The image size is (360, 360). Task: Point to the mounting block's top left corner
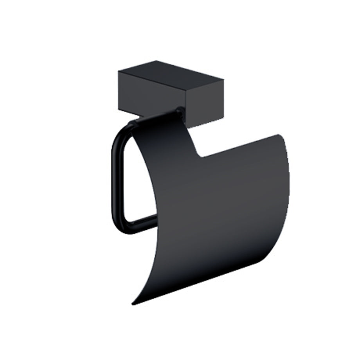(119, 71)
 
